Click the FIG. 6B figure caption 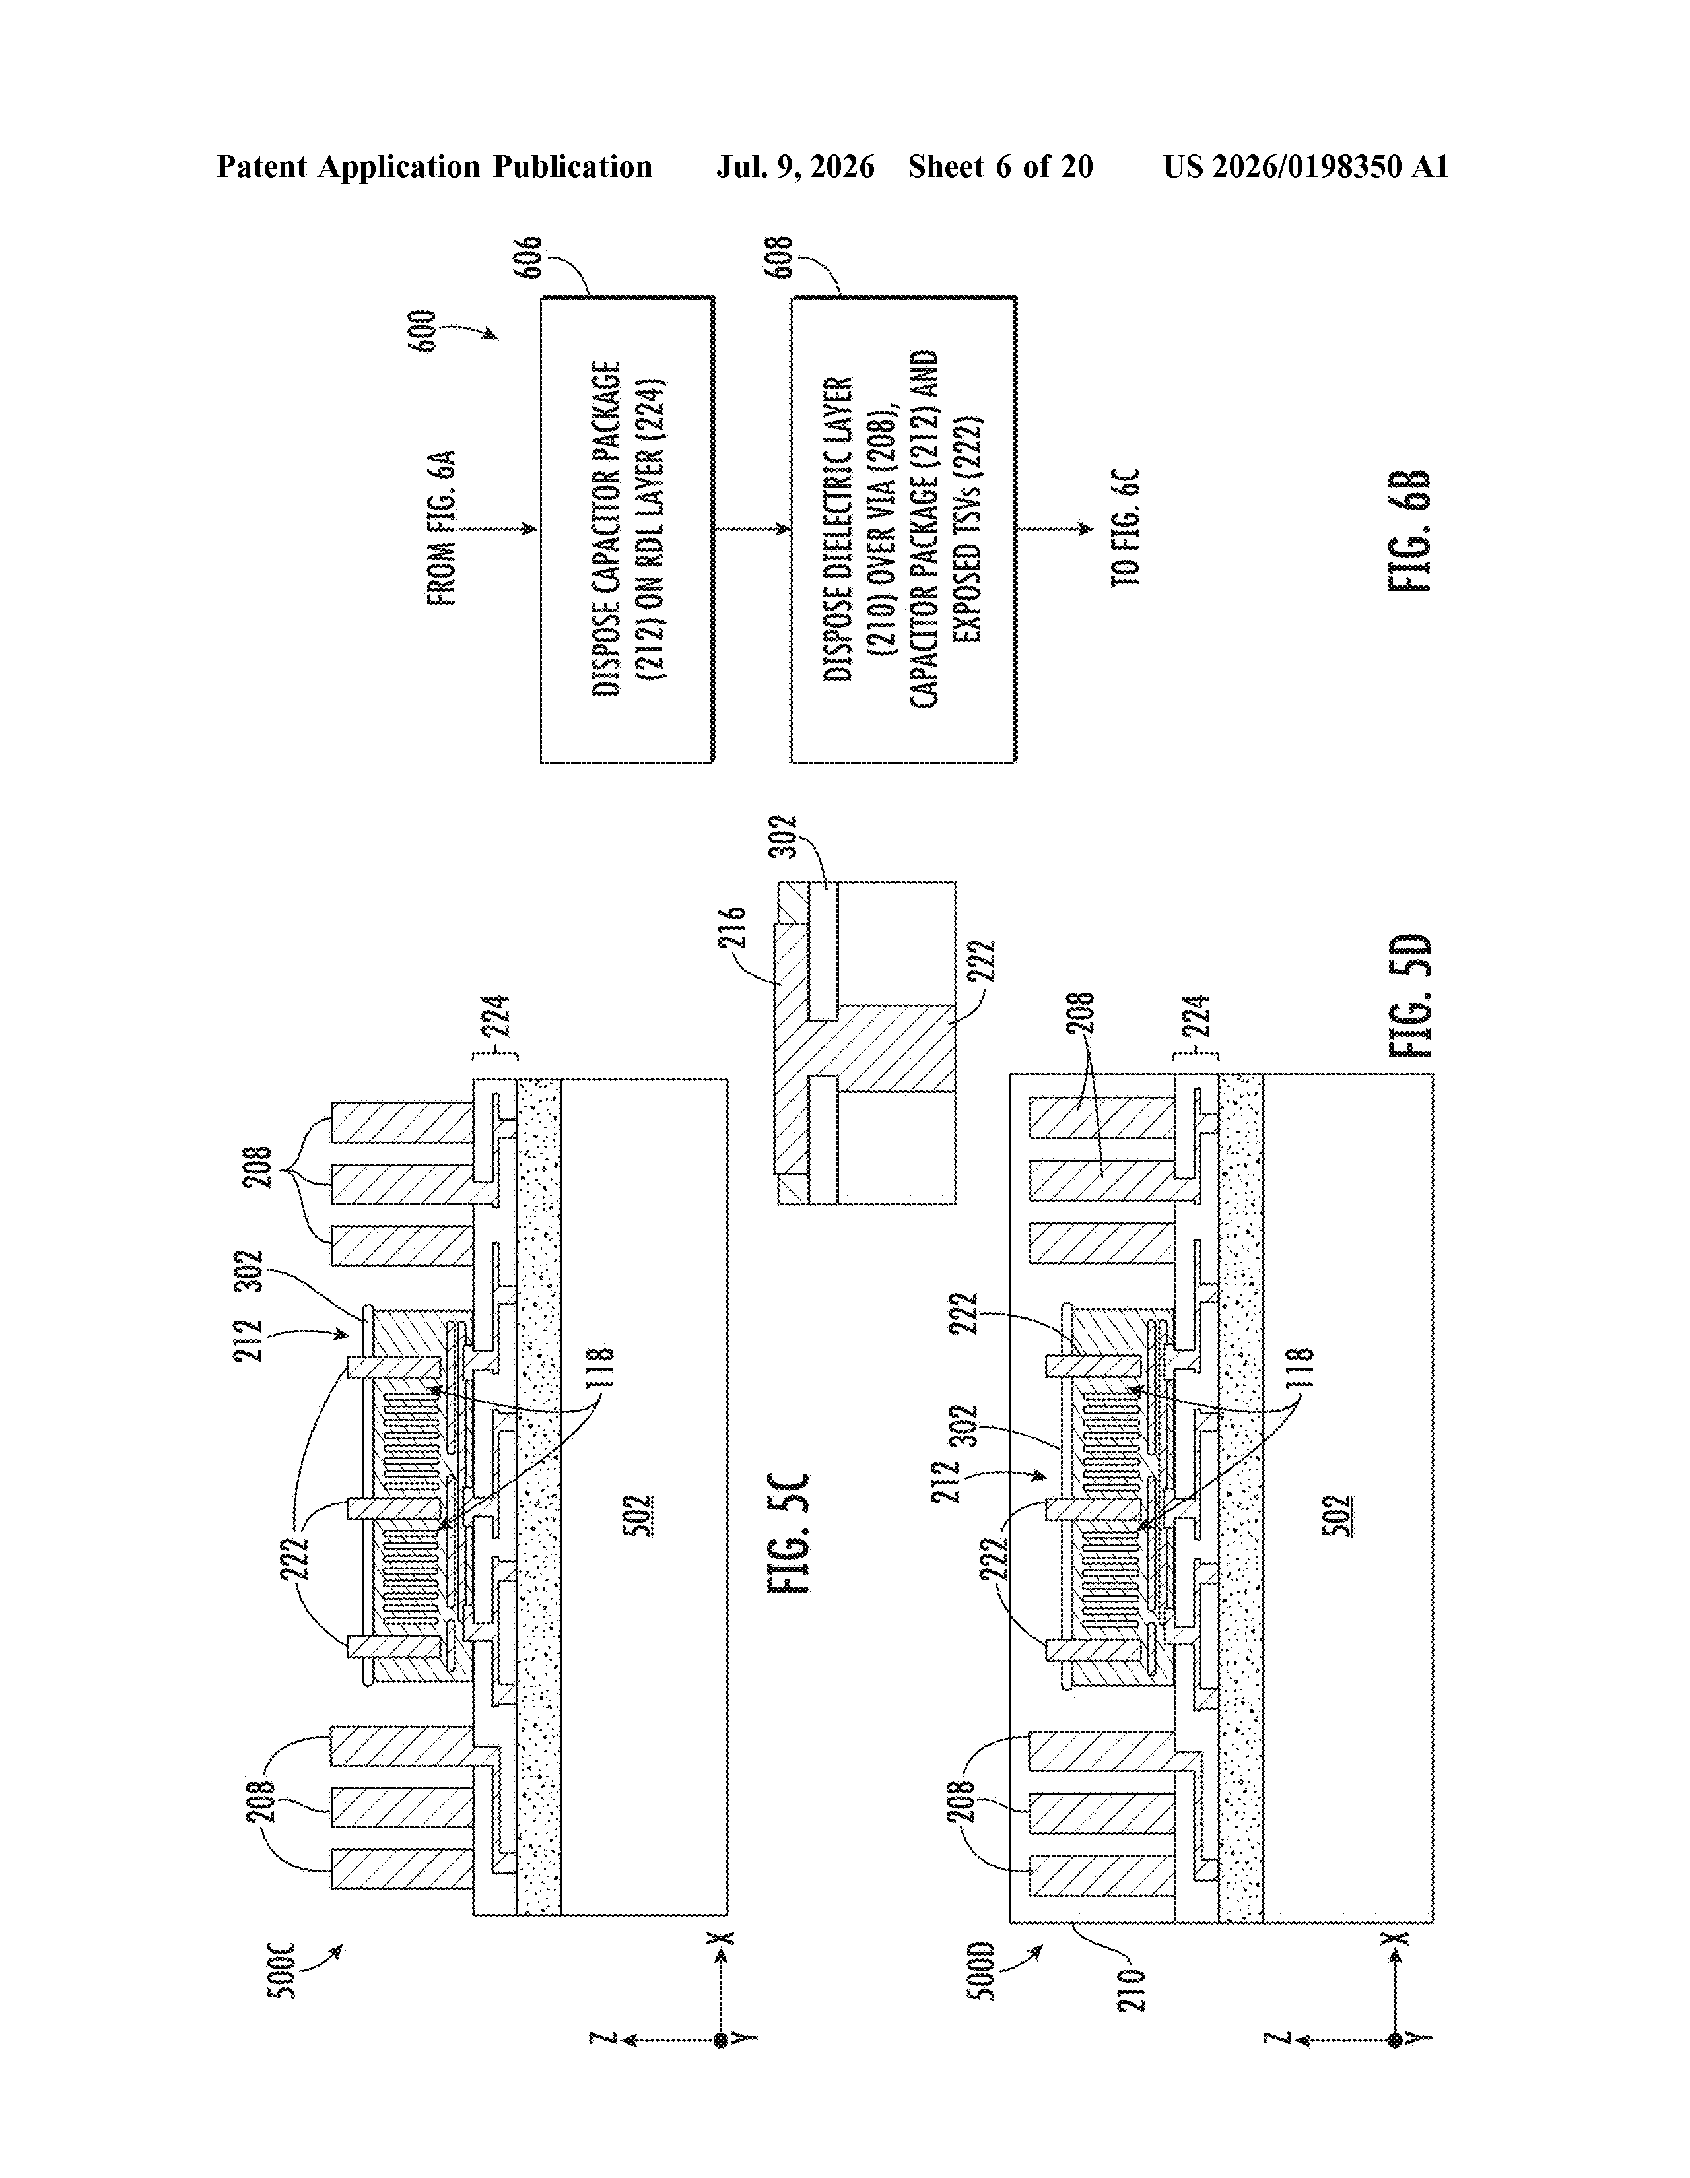(x=1409, y=531)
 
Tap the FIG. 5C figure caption (x=789, y=1533)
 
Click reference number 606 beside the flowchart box (x=529, y=257)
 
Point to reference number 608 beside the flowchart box (x=779, y=257)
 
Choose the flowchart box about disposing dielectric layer (x=904, y=529)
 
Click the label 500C (x=283, y=1969)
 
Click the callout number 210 (x=1132, y=1989)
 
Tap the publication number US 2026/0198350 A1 (x=1305, y=166)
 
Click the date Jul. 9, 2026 (x=795, y=166)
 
